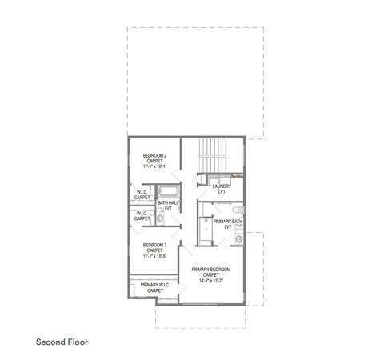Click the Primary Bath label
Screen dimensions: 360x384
pyautogui.click(x=228, y=222)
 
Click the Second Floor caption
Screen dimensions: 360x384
pyautogui.click(x=62, y=342)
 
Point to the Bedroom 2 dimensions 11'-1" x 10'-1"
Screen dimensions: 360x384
pyautogui.click(x=154, y=167)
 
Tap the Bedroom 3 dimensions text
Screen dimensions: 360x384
pyautogui.click(x=154, y=257)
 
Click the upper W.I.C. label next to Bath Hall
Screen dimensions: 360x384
pyautogui.click(x=141, y=194)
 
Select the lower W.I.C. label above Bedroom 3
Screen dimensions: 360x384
pyautogui.click(x=141, y=214)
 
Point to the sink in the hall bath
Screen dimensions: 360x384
pyautogui.click(x=159, y=218)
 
